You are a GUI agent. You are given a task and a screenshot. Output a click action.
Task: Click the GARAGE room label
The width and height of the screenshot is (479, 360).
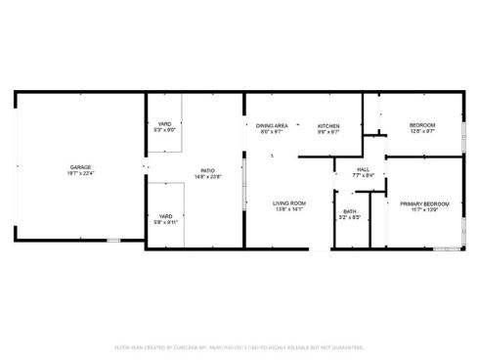point(80,167)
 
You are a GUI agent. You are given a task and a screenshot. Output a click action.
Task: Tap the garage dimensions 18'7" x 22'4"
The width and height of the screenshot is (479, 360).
point(80,173)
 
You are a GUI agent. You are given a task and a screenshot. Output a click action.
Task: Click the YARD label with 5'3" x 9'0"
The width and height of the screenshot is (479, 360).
point(165,124)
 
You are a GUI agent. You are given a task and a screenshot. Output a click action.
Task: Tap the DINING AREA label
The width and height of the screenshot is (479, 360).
point(272,125)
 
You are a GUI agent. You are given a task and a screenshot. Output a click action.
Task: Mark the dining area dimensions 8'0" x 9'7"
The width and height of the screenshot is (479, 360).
point(272,131)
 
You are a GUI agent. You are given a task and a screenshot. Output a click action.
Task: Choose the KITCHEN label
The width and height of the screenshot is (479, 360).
point(328,125)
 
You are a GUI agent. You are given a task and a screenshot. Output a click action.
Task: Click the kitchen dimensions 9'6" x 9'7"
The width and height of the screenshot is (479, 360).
point(328,131)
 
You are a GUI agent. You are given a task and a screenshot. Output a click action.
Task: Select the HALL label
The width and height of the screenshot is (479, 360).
point(363,170)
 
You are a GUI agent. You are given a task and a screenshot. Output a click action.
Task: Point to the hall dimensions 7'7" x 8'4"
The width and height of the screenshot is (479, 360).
point(363,176)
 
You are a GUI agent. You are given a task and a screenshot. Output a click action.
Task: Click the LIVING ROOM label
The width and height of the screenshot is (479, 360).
point(289,203)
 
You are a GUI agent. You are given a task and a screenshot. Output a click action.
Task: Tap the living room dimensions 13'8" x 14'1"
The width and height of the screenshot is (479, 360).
point(289,209)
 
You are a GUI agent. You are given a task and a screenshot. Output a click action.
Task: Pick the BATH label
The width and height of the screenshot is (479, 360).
point(349,211)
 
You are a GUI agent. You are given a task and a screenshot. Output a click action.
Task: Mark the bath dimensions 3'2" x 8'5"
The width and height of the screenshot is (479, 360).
point(349,217)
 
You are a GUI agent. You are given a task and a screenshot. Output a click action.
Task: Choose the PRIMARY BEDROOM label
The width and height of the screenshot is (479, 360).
point(425,203)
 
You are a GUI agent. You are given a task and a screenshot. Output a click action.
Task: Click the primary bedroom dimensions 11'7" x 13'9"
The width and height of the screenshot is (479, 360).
point(425,209)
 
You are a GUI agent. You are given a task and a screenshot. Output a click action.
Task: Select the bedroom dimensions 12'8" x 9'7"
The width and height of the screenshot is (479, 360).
point(422,131)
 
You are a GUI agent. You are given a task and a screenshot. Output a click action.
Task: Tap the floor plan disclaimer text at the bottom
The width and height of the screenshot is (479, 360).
point(239,346)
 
